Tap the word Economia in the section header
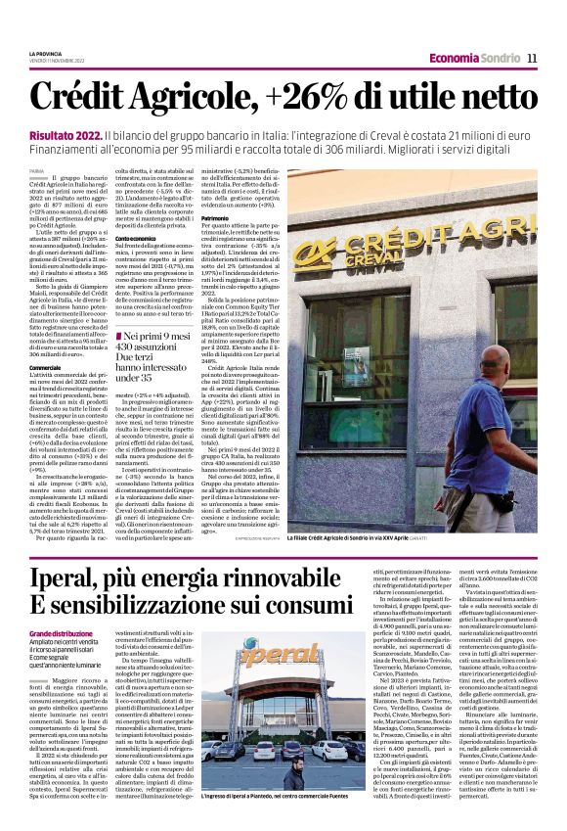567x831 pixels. (454, 59)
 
